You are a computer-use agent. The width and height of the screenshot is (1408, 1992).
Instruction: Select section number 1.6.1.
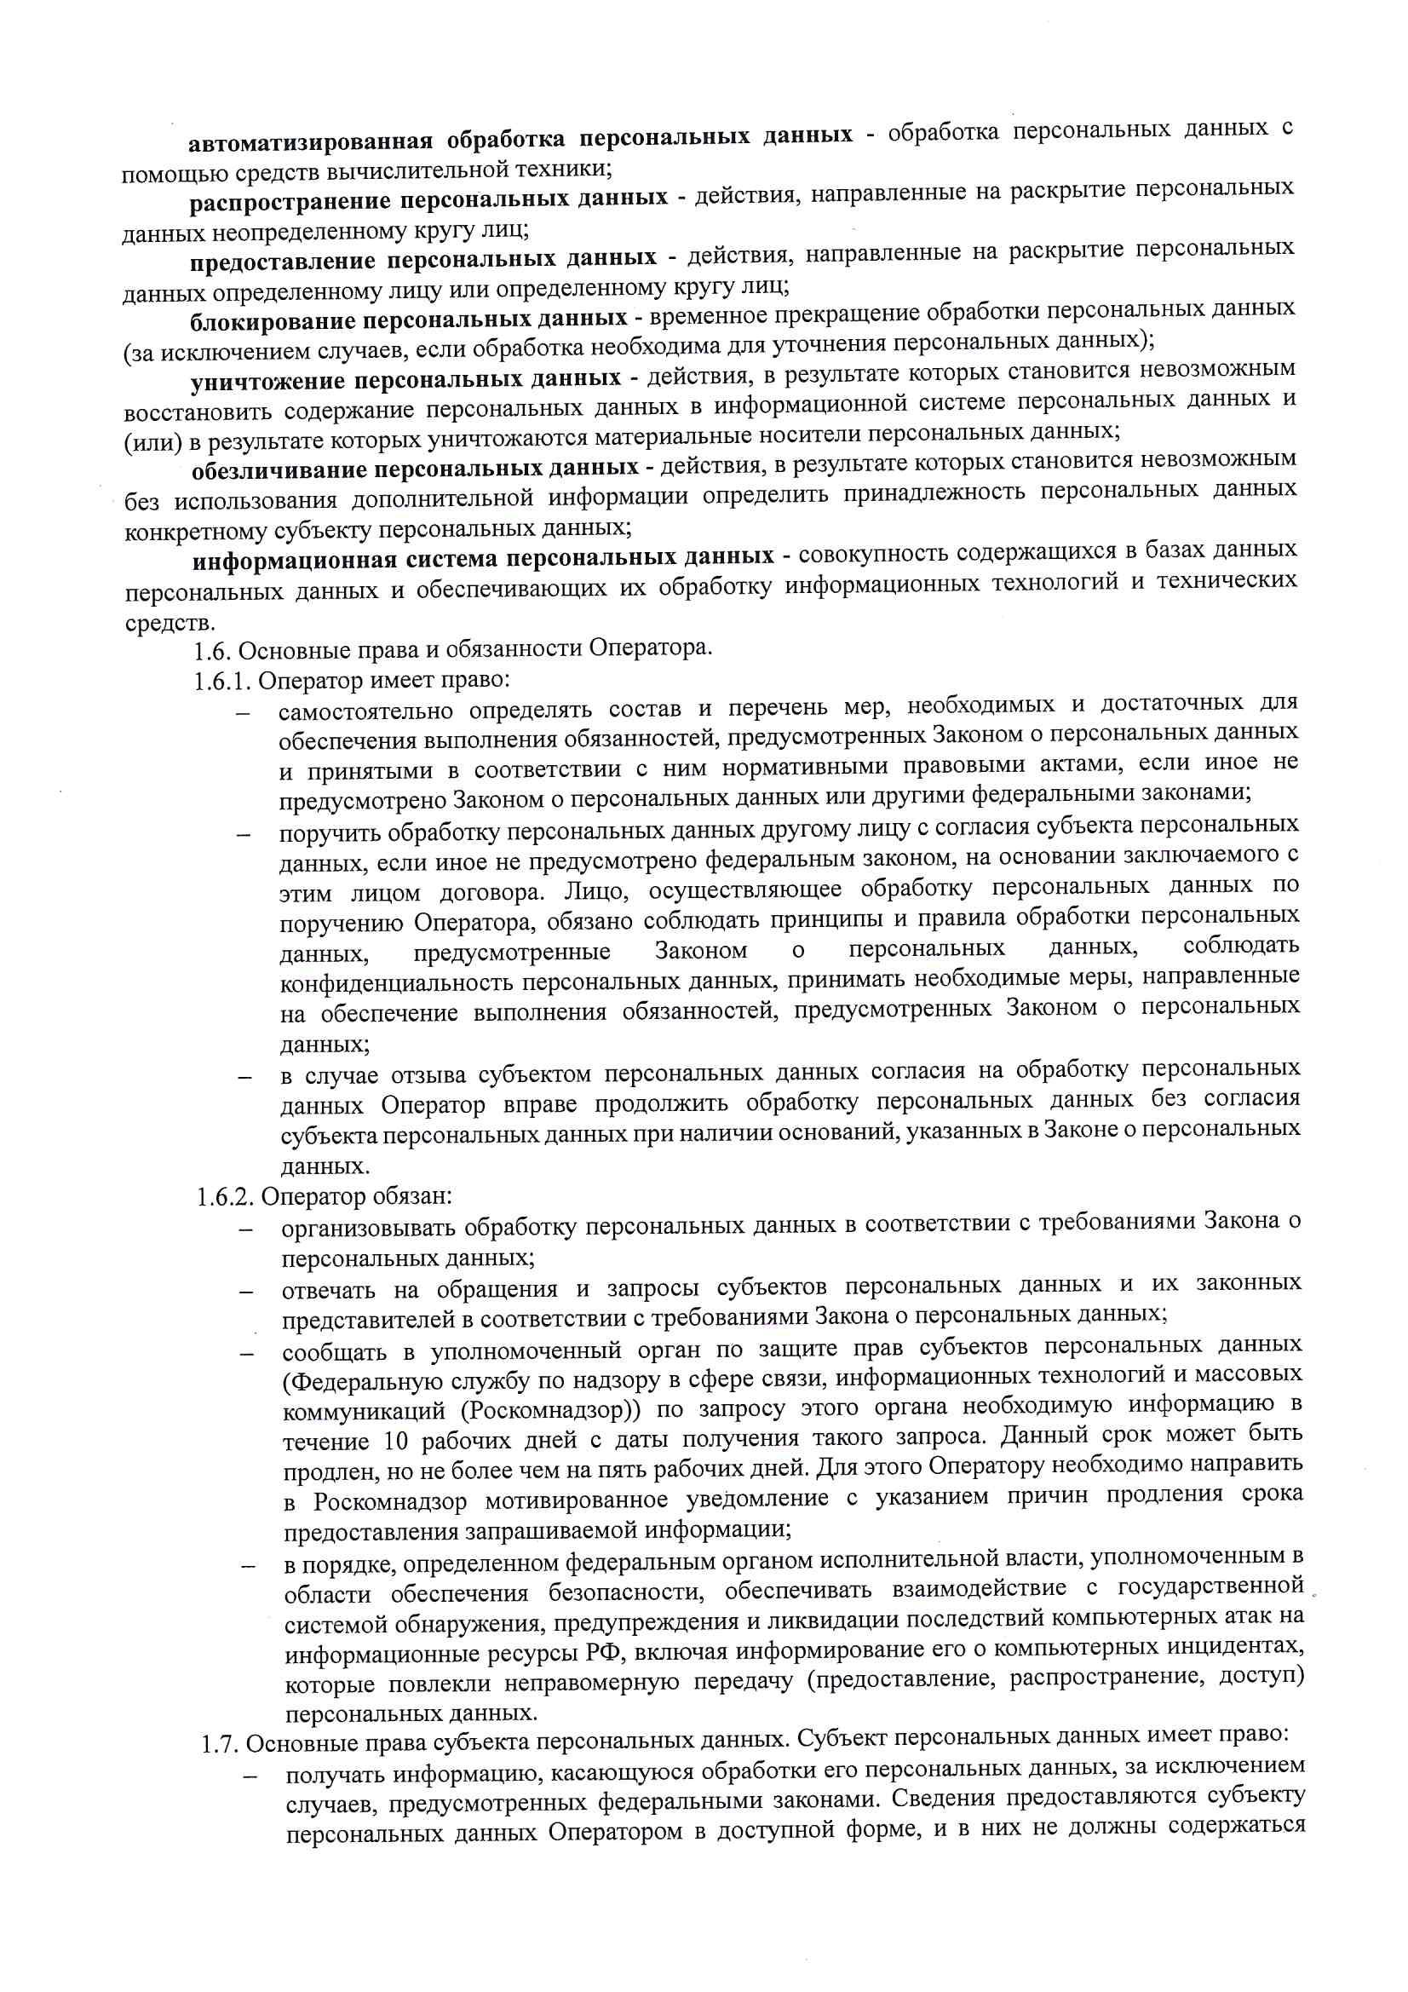(x=223, y=681)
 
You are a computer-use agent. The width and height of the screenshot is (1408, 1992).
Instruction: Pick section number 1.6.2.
(x=225, y=1196)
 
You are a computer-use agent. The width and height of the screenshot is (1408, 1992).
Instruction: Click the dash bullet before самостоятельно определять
(x=244, y=714)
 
